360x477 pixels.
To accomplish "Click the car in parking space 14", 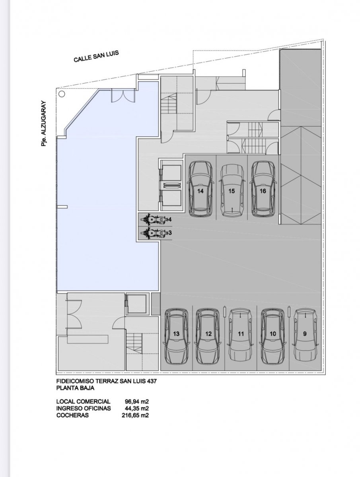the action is pyautogui.click(x=200, y=189).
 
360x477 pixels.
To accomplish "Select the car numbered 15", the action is pyautogui.click(x=232, y=190).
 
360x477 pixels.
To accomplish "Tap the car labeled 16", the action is pyautogui.click(x=263, y=189).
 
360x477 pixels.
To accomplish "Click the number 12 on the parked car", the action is pyautogui.click(x=208, y=334).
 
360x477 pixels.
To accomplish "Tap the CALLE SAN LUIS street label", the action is pyautogui.click(x=96, y=56).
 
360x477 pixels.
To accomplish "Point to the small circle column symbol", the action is pyautogui.click(x=62, y=94).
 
